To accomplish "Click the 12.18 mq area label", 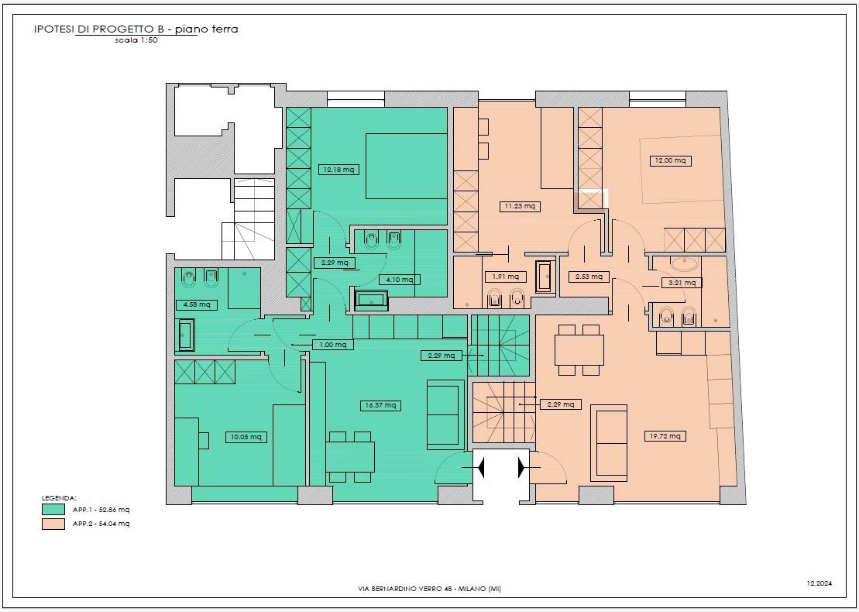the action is [338, 170].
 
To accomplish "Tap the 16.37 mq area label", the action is [380, 405].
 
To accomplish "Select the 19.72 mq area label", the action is [665, 436].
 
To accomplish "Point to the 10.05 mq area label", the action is [246, 437].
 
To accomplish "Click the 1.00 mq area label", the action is [332, 345].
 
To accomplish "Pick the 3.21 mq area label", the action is [682, 283].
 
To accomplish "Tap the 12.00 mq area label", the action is [670, 160].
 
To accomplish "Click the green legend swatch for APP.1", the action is [53, 510].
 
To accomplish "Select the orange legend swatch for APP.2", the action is [53, 524].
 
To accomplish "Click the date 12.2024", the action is [819, 583].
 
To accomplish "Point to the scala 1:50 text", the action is [136, 40].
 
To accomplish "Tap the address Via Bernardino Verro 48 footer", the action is [429, 589].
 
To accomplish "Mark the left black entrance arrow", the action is [480, 467].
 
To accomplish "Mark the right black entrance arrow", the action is [522, 467].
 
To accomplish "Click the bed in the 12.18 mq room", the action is [407, 166].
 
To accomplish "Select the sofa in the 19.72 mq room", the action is [611, 442].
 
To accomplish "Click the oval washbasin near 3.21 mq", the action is [685, 265].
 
